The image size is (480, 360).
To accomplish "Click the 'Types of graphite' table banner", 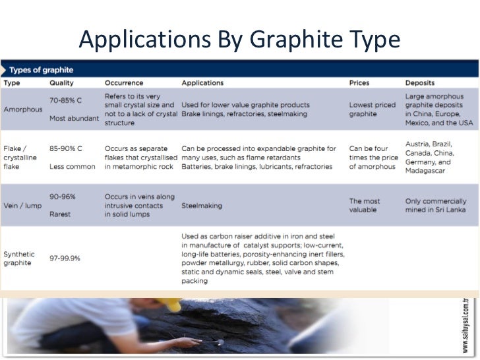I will pyautogui.click(x=41, y=69).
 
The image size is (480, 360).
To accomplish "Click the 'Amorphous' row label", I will pyautogui.click(x=23, y=109).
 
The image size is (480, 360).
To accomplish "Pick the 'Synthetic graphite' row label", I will pyautogui.click(x=20, y=258).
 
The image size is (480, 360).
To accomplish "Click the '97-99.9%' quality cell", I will pyautogui.click(x=65, y=258).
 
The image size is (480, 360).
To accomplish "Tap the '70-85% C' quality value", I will pyautogui.click(x=65, y=100).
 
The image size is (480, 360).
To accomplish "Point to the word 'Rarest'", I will pyautogui.click(x=61, y=214).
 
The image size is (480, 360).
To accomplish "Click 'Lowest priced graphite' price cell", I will pyautogui.click(x=371, y=109).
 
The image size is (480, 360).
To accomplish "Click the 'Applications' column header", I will pyautogui.click(x=202, y=83).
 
